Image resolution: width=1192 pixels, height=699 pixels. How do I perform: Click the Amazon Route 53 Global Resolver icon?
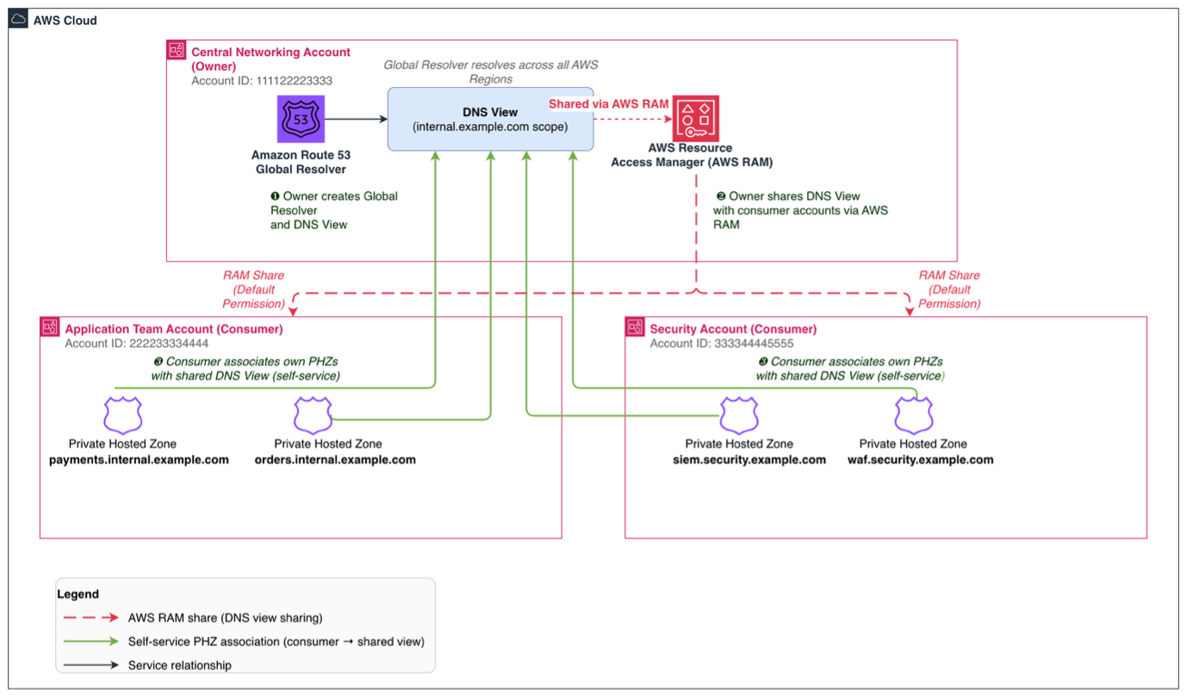301,119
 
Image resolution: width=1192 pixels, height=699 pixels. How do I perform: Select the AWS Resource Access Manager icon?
696,118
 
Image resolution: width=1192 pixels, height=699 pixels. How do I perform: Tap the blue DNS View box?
490,119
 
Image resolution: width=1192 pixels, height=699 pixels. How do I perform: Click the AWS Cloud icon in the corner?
18,20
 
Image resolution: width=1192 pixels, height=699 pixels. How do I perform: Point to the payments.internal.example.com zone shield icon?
123,416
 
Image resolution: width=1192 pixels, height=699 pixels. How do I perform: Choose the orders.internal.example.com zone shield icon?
313,416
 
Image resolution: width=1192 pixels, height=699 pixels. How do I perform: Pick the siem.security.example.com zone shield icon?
739,416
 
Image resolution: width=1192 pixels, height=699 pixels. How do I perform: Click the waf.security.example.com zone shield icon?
914,416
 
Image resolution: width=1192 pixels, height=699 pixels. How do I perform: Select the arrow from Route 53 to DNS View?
356,119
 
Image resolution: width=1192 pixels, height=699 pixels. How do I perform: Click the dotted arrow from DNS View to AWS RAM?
633,119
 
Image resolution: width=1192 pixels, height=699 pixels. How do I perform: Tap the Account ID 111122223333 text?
262,81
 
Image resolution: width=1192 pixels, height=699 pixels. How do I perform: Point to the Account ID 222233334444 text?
137,343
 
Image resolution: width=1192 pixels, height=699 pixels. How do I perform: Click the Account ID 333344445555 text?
722,343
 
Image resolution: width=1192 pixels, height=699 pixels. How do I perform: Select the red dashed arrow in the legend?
91,617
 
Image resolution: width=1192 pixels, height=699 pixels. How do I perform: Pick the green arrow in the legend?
91,641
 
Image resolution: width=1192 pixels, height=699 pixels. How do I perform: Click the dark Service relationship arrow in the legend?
91,665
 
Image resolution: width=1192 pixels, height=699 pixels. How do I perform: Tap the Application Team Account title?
174,330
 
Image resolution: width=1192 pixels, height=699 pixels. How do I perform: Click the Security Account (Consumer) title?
733,330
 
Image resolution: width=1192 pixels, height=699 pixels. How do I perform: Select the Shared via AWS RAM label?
609,104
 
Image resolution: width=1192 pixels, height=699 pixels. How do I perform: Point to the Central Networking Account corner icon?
177,50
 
